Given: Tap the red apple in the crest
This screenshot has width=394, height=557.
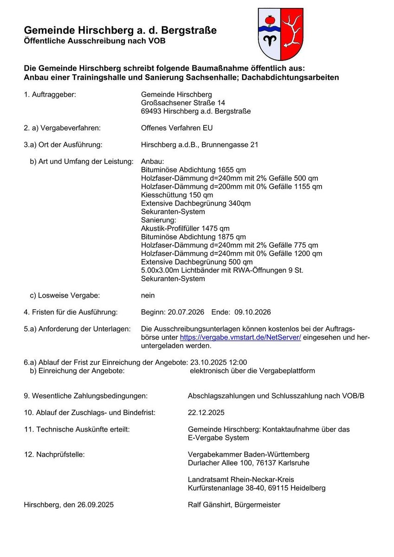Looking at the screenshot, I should [x=269, y=20].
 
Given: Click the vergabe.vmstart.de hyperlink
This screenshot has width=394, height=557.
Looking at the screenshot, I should [x=240, y=337].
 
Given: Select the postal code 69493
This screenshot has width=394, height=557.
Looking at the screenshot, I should [x=151, y=111].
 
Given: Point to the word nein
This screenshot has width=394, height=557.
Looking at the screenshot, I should [x=148, y=295].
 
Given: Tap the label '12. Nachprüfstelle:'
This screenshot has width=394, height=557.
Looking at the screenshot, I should [x=54, y=454].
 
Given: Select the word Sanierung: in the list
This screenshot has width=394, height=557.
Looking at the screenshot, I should [x=159, y=220].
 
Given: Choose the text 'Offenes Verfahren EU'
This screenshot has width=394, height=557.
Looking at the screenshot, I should [x=177, y=128].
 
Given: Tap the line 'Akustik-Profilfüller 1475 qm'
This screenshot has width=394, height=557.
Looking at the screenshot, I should [x=185, y=228].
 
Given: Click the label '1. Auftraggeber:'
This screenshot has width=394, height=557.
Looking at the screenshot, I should [x=50, y=95].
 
